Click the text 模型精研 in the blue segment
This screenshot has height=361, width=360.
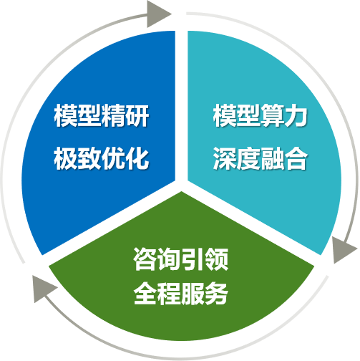pyautogui.click(x=102, y=116)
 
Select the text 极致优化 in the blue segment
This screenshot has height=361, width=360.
pyautogui.click(x=102, y=158)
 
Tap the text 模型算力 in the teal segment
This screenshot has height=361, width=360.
pyautogui.click(x=261, y=116)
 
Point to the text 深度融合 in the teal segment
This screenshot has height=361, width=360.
pyautogui.click(x=261, y=158)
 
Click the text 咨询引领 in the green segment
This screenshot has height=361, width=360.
pyautogui.click(x=181, y=259)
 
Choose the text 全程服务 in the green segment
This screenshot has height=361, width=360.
pyautogui.click(x=181, y=293)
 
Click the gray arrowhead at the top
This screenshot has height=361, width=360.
pyautogui.click(x=158, y=14)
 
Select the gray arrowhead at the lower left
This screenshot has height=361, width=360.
pyautogui.click(x=44, y=288)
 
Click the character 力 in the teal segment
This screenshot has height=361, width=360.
pyautogui.click(x=296, y=116)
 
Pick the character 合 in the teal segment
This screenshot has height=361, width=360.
pyautogui.click(x=296, y=158)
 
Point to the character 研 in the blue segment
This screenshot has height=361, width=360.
pyautogui.click(x=137, y=116)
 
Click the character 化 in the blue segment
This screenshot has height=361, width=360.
pyautogui.click(x=137, y=158)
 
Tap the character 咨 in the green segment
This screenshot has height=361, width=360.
pyautogui.click(x=145, y=259)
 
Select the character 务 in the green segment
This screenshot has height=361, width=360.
pyautogui.click(x=217, y=293)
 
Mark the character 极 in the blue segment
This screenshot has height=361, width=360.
pyautogui.click(x=66, y=158)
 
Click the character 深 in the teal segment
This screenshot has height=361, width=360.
pyautogui.click(x=225, y=158)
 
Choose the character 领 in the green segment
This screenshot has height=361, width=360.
pyautogui.click(x=217, y=259)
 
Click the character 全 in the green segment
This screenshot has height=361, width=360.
pyautogui.click(x=145, y=293)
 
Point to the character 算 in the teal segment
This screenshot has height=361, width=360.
pyautogui.click(x=272, y=116)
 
